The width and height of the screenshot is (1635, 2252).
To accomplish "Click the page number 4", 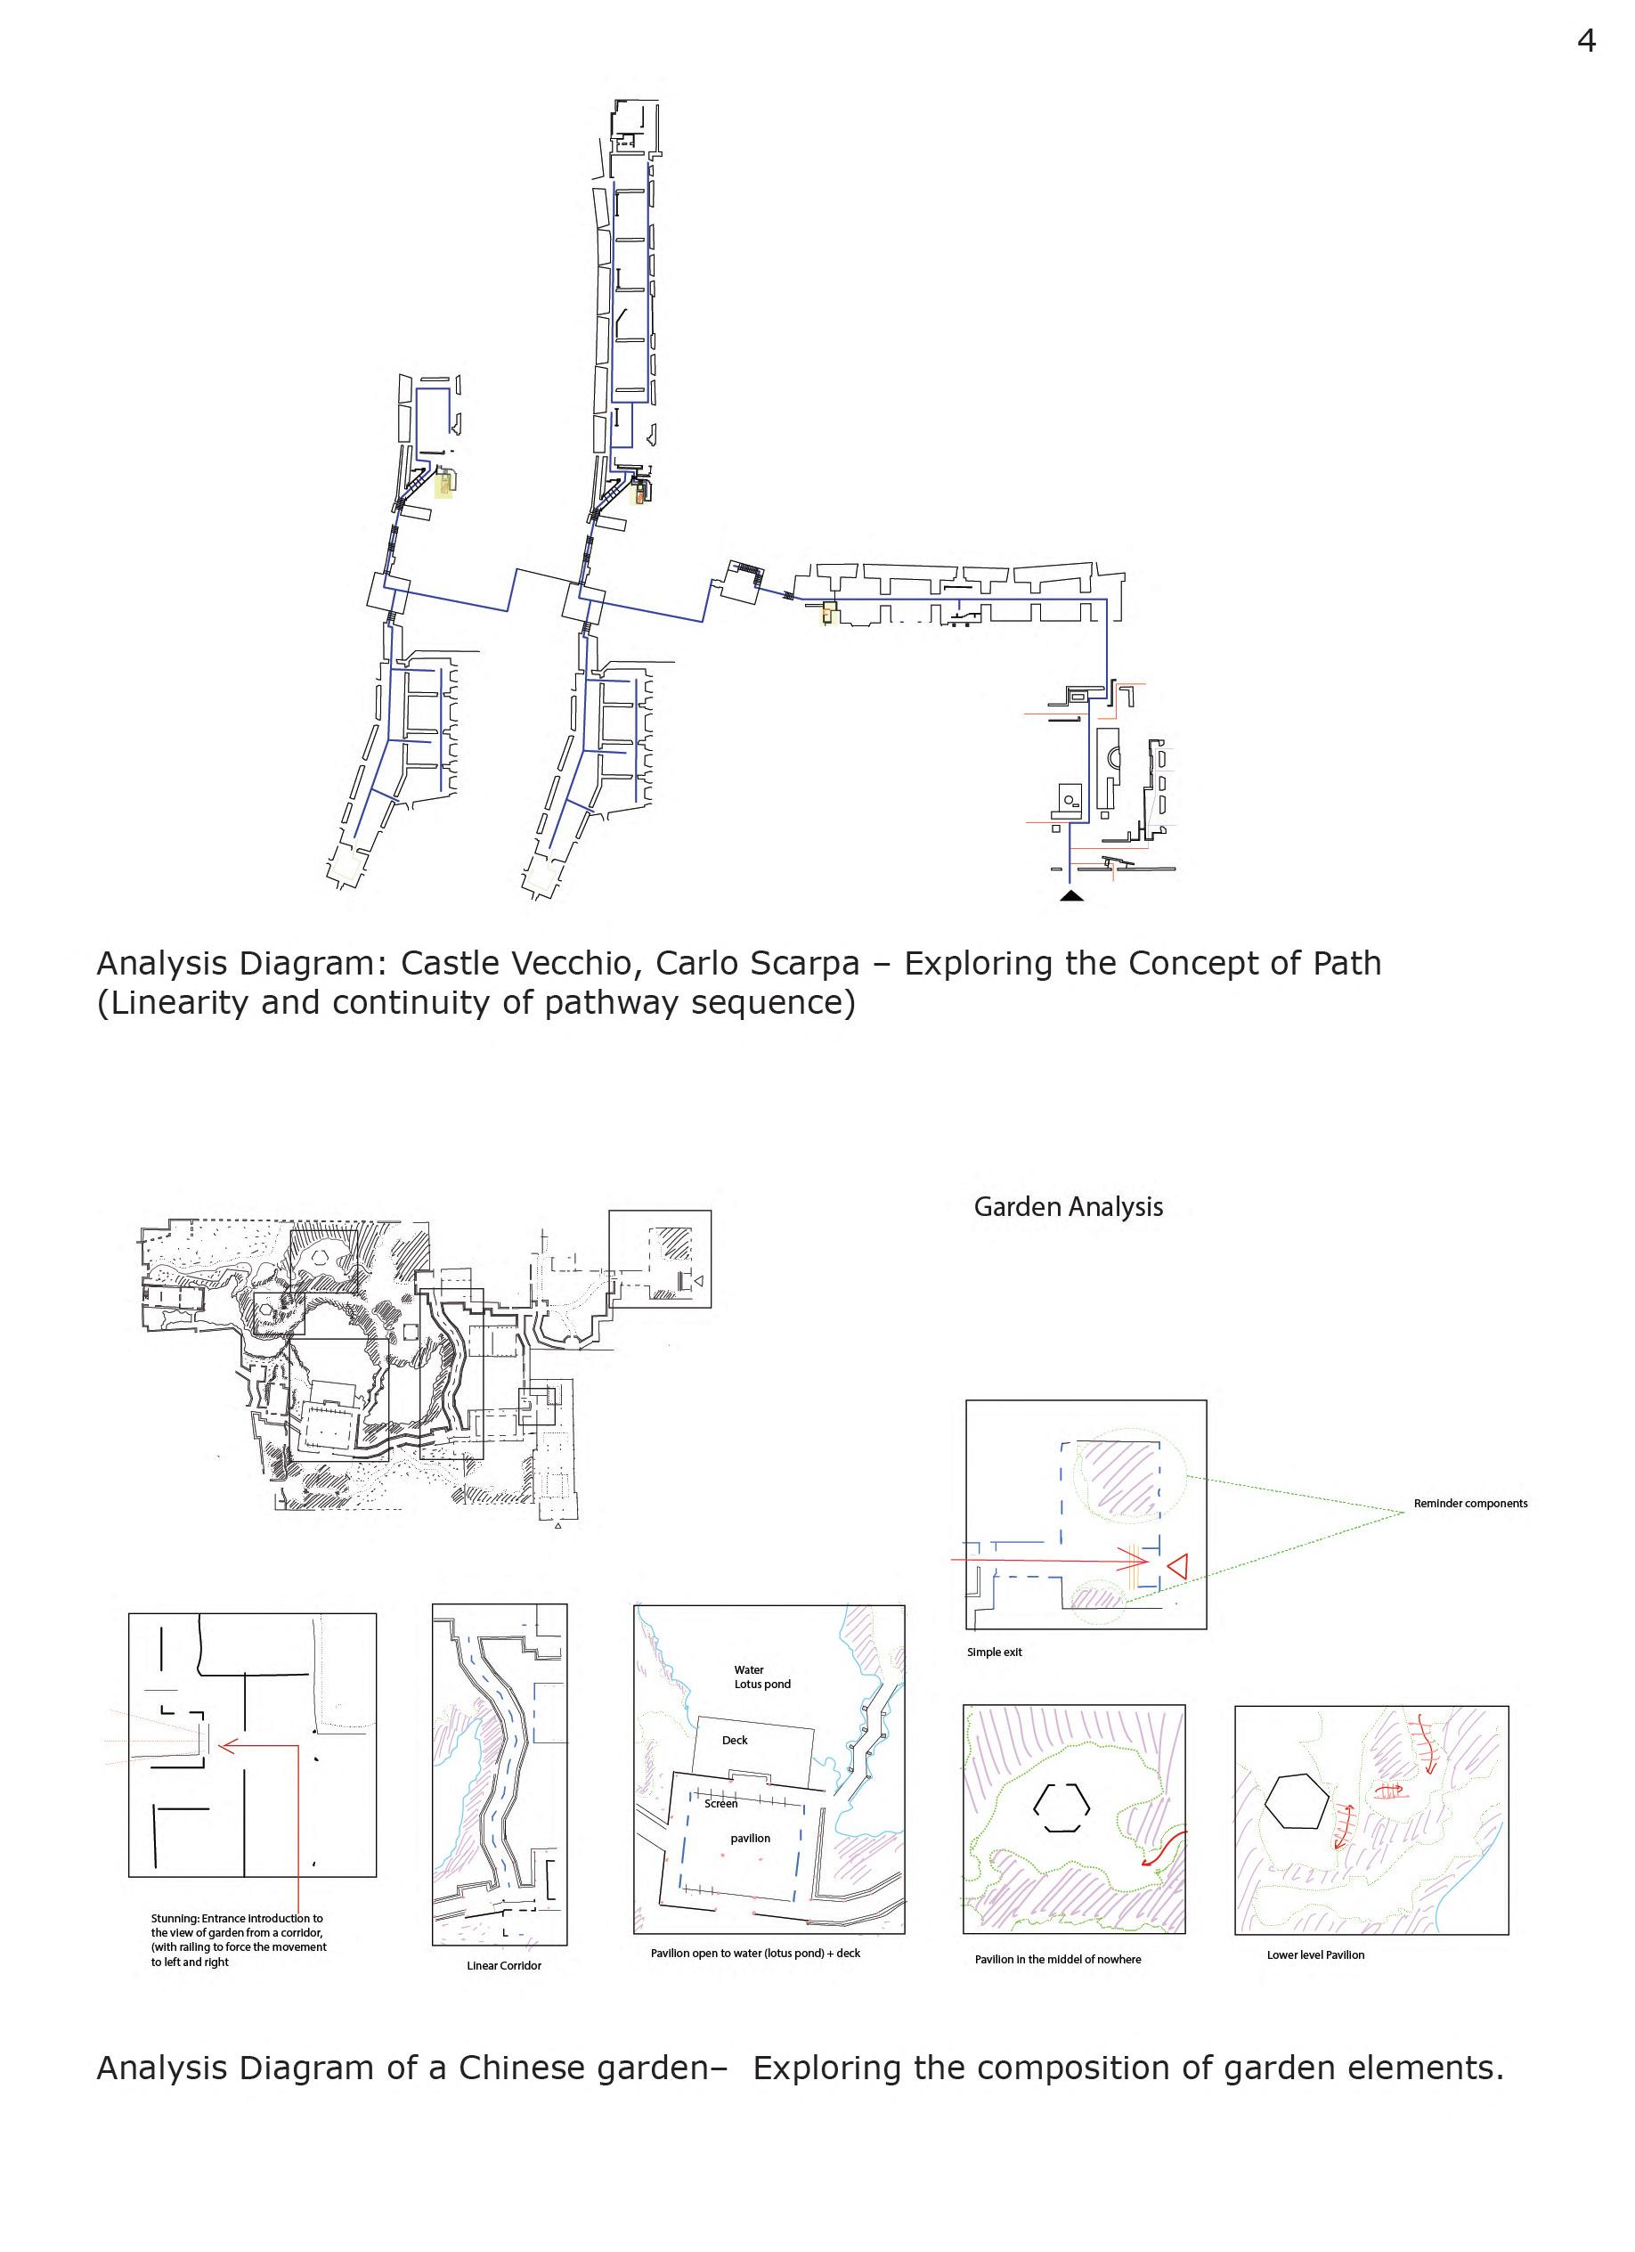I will (x=1586, y=41).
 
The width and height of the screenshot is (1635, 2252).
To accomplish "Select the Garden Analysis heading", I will (x=1067, y=1206).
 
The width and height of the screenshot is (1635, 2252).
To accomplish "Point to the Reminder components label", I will (x=1470, y=1504).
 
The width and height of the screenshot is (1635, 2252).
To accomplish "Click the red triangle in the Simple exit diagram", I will (x=1177, y=1567).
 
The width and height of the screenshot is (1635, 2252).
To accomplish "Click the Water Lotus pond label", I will (x=761, y=1677).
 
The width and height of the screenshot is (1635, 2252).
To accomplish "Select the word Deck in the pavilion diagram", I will (x=735, y=1741).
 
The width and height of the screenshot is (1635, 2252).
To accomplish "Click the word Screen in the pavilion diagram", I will (x=720, y=1803).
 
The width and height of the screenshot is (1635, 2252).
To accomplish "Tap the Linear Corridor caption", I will (x=503, y=1966).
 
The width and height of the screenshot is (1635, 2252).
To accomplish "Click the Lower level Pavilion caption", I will (x=1315, y=1955).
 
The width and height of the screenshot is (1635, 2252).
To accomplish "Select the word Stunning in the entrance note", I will (x=174, y=1918).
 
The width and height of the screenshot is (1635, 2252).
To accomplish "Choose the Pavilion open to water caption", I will (x=754, y=1953).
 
